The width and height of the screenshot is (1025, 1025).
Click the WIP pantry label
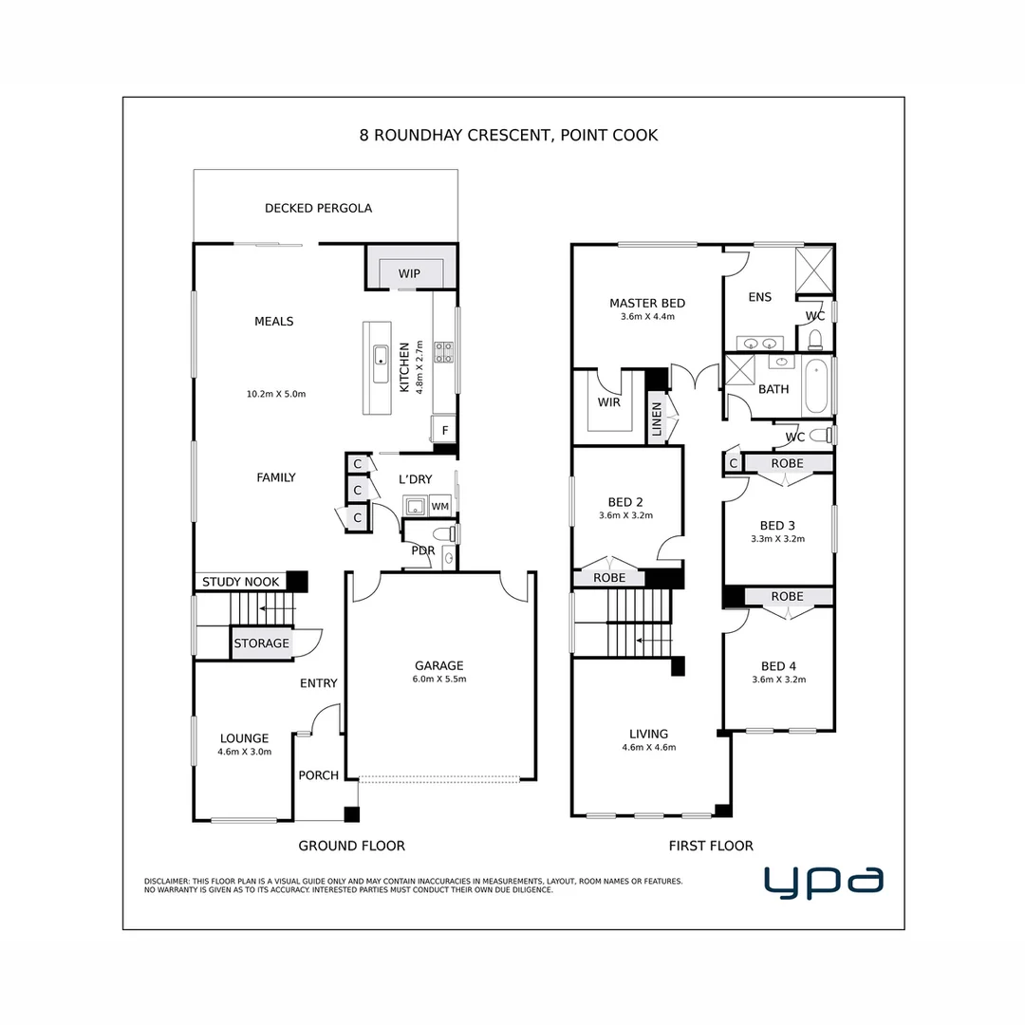click(x=409, y=274)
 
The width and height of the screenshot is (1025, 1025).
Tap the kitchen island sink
click(x=380, y=357)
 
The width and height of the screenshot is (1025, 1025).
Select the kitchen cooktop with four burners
click(x=443, y=352)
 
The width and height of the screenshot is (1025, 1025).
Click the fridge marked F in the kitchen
click(x=443, y=430)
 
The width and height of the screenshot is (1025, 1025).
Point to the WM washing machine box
click(x=439, y=507)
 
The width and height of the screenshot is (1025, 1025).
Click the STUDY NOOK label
click(x=241, y=582)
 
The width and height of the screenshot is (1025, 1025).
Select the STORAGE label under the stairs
click(x=261, y=643)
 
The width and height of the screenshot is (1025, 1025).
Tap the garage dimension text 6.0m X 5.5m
click(x=438, y=680)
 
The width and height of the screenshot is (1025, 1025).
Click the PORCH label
click(x=319, y=775)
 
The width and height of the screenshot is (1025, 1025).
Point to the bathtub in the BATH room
click(x=815, y=387)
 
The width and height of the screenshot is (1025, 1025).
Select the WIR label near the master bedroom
click(x=609, y=402)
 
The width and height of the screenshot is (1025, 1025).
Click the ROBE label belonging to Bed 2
click(x=608, y=577)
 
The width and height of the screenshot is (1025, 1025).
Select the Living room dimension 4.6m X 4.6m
click(x=649, y=748)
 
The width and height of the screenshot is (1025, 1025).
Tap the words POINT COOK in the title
click(x=609, y=136)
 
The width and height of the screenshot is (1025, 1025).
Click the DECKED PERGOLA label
click(x=318, y=208)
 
